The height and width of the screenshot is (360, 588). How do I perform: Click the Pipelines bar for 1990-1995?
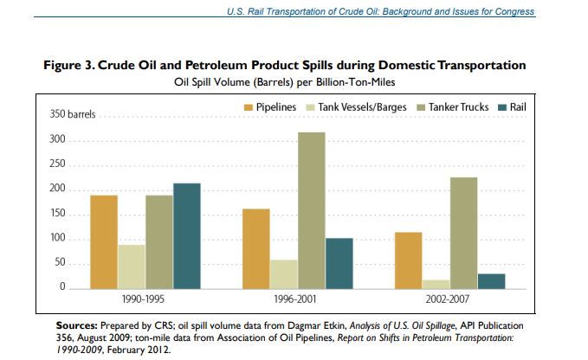104,242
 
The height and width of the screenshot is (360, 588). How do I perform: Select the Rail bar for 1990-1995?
186,236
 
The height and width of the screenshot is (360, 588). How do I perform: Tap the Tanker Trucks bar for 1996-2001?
312,210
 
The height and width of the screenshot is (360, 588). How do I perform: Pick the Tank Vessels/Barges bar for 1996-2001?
284,273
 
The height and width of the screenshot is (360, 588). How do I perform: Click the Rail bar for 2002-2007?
491,280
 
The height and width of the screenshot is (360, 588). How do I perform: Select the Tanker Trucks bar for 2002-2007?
463,233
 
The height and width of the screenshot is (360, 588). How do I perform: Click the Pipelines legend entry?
270,106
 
